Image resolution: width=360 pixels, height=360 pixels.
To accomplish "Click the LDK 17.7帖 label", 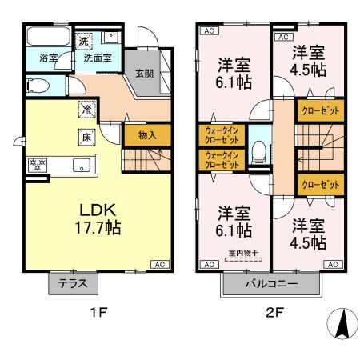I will (x=99, y=218).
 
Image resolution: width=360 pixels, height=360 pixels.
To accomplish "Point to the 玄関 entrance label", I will (x=144, y=74).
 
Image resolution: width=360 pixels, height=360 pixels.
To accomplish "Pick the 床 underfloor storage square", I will (x=84, y=137).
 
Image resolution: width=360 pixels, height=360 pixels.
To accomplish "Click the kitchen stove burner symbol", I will (x=36, y=165).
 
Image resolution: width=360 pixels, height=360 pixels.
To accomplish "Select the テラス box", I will (x=74, y=283).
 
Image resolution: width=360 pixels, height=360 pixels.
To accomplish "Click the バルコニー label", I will (x=271, y=284).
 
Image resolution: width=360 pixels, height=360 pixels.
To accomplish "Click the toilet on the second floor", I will (x=258, y=151).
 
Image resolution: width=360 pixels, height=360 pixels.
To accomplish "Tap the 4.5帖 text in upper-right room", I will (x=307, y=70).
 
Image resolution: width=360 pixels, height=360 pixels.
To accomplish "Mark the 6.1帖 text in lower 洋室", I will (x=235, y=230).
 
